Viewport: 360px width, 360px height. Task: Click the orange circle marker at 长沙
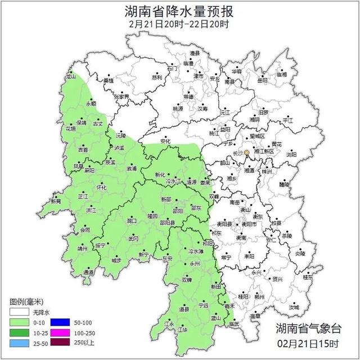(x=246, y=152)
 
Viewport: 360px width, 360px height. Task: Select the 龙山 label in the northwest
(x=71, y=76)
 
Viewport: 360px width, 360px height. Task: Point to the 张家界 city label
(x=122, y=97)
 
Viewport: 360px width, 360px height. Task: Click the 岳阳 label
(x=263, y=80)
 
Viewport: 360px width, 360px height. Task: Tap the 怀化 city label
(x=102, y=187)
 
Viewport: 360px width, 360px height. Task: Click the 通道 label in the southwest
(x=88, y=272)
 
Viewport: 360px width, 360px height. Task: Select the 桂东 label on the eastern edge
(x=308, y=277)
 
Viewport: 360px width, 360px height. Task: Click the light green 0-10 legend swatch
(x=20, y=322)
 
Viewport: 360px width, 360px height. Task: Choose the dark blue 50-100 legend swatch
(x=59, y=322)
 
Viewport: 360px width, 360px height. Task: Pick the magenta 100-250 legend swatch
(x=59, y=333)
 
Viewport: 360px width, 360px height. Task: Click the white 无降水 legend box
(x=20, y=312)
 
